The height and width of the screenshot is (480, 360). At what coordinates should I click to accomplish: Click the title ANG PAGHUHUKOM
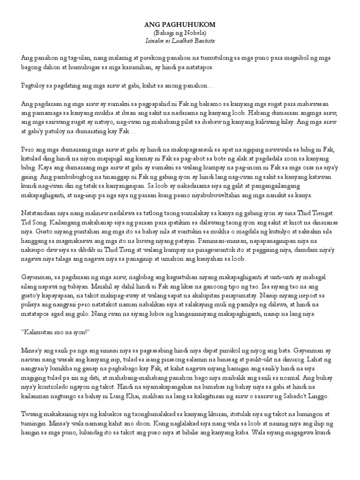coord(180,24)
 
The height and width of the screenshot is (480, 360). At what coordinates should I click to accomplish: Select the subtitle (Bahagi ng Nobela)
coord(180,32)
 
